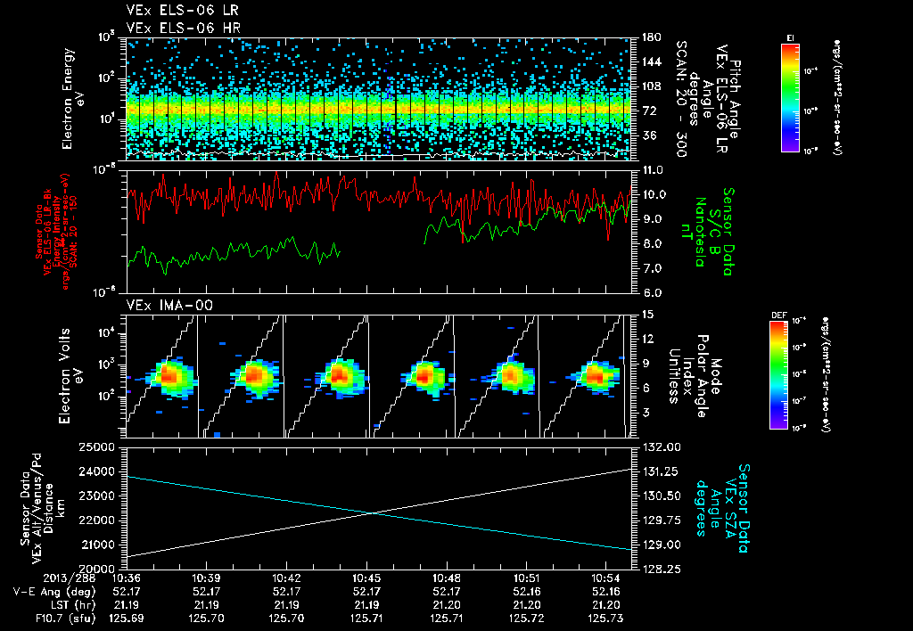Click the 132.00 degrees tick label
[x=660, y=447]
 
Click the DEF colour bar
[x=777, y=374]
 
